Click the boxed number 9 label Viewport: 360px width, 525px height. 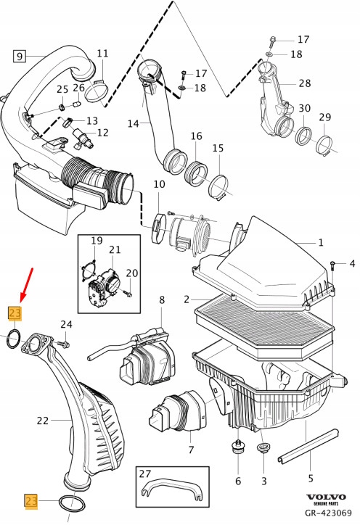pos(19,55)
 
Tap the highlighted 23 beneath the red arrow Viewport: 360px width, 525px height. pos(15,313)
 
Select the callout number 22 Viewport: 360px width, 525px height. pos(42,419)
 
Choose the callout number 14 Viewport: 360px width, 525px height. pos(133,124)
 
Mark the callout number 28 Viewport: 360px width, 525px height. pos(305,83)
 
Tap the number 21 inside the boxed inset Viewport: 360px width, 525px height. pos(115,250)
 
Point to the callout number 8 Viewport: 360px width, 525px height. pos(162,299)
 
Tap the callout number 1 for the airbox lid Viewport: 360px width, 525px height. pos(322,244)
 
